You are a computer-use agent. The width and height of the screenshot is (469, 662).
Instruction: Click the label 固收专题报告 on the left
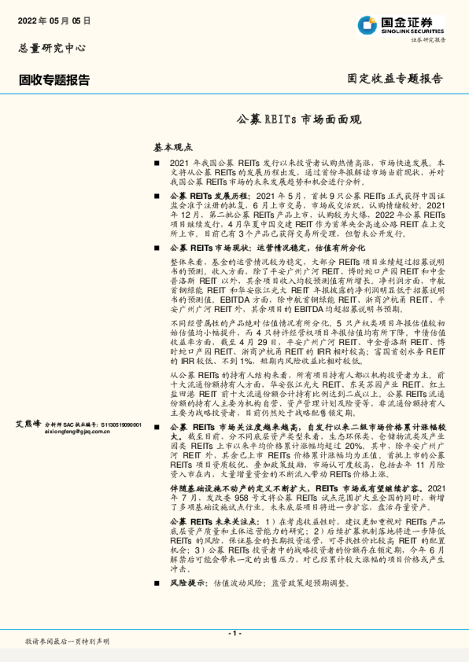(54, 79)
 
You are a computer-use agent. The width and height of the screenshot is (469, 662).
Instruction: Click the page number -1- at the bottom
(234, 633)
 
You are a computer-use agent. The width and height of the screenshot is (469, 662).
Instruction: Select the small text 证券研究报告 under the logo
(430, 39)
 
